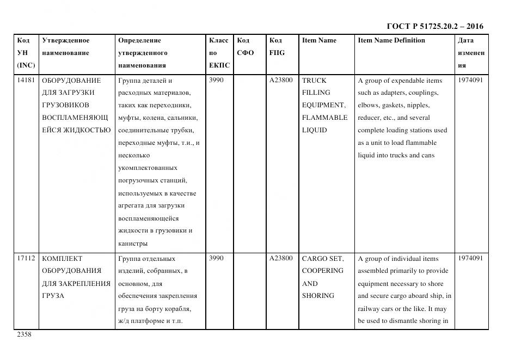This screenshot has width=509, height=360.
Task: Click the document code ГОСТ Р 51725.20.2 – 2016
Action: (434, 26)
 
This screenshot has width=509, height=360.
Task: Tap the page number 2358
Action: (24, 334)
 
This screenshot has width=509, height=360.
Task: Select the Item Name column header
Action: (319, 40)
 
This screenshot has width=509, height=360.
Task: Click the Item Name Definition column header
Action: (391, 40)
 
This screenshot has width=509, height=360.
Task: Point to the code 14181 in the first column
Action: (26, 81)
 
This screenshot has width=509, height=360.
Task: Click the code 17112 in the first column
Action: (26, 259)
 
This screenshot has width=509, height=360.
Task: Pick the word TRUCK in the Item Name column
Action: (314, 81)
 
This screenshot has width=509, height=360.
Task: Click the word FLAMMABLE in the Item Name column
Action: (324, 118)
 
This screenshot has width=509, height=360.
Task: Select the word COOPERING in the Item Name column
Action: (323, 271)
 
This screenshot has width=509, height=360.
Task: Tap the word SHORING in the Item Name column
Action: (318, 296)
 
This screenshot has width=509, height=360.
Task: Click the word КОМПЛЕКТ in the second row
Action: (62, 259)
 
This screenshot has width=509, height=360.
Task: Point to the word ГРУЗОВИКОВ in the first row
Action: (65, 105)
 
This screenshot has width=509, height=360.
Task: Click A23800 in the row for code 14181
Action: (281, 81)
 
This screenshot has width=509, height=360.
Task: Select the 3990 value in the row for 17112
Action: (216, 259)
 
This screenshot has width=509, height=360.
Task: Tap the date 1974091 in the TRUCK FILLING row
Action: (470, 81)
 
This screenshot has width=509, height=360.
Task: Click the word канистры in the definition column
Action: (132, 243)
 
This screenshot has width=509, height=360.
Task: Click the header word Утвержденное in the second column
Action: (65, 40)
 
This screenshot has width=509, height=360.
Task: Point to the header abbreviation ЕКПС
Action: (219, 65)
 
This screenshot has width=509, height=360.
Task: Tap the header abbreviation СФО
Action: (246, 53)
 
